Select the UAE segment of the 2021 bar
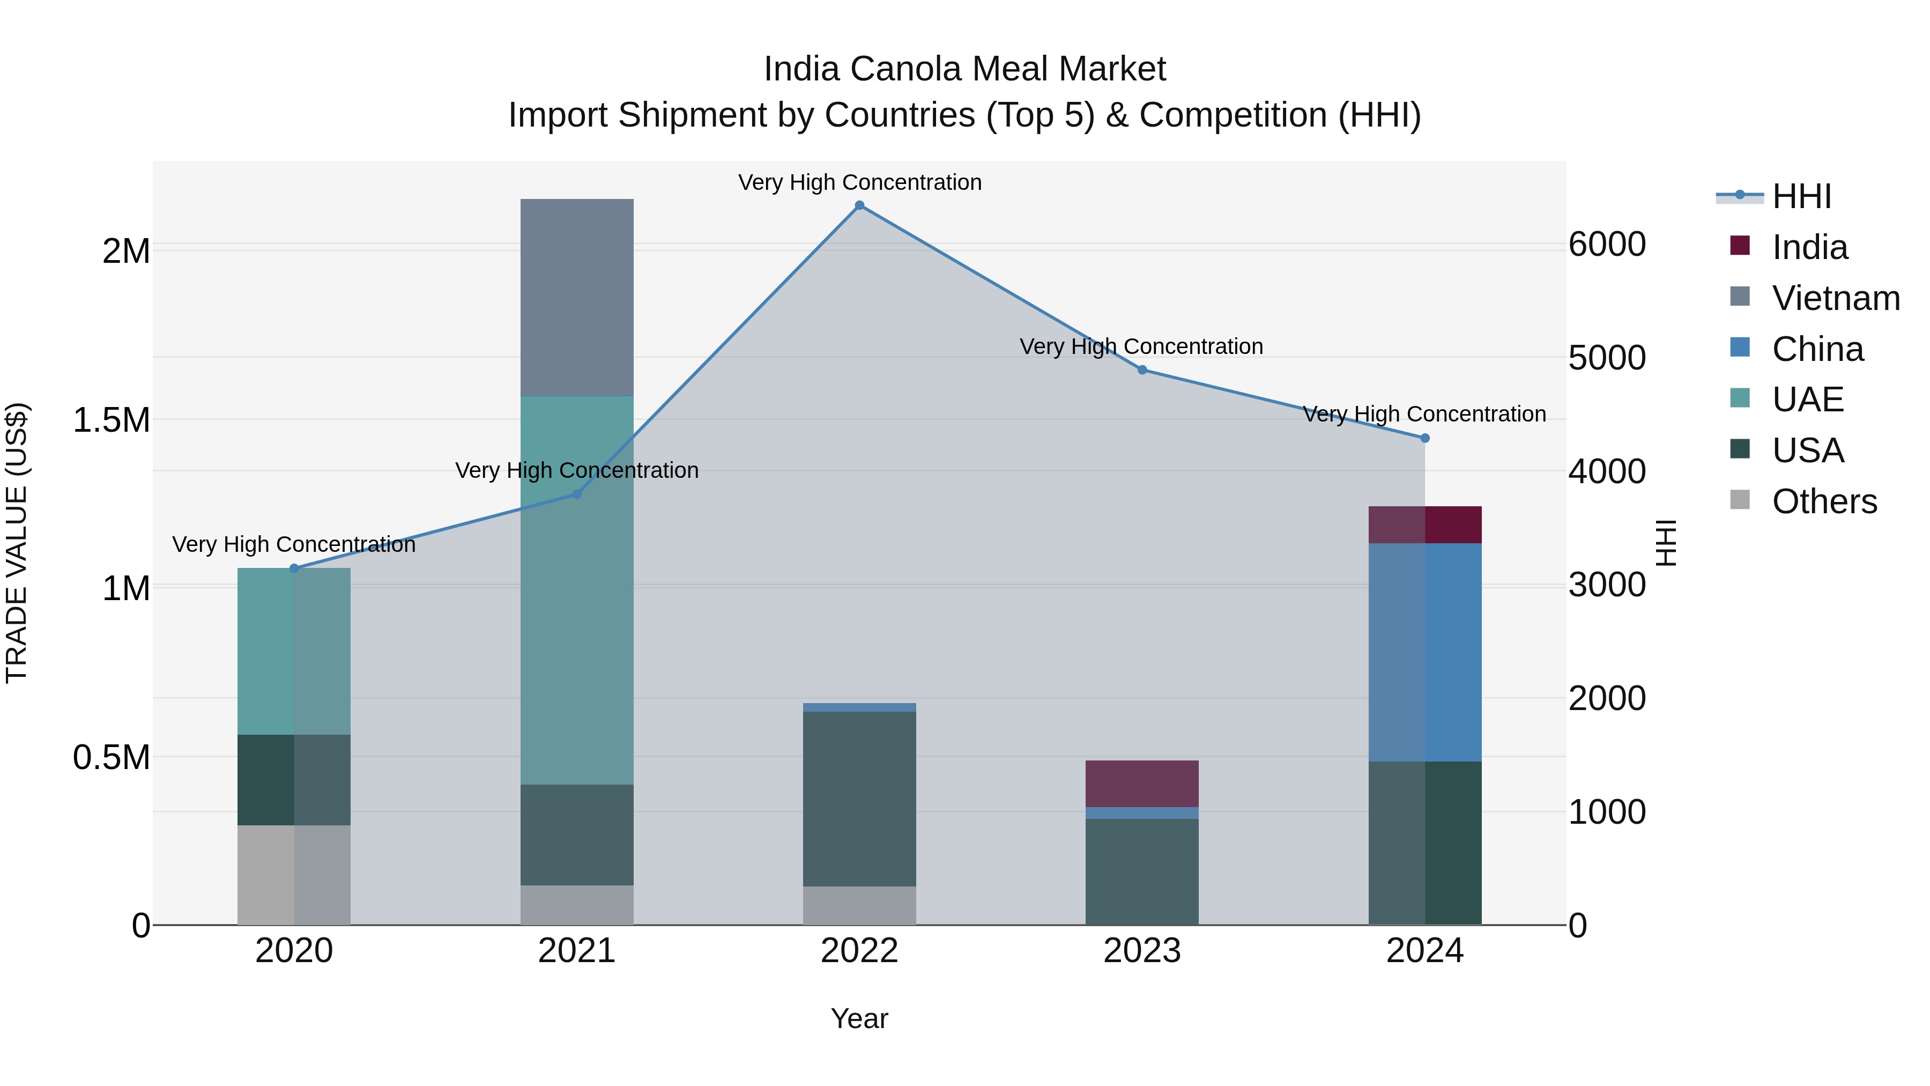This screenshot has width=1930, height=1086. tap(577, 590)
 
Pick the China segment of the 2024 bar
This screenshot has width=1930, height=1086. tap(1424, 652)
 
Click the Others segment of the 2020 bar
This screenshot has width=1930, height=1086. tap(294, 875)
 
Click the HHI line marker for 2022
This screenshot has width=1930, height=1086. tap(859, 205)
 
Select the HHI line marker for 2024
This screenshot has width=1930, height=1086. tap(1424, 438)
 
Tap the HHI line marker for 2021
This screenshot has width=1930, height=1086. tap(577, 494)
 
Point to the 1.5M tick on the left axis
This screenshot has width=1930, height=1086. tap(111, 420)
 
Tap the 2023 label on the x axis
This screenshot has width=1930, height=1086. tap(1142, 950)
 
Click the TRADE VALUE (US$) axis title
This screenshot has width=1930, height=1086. tap(17, 543)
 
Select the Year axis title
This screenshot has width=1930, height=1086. tap(859, 1018)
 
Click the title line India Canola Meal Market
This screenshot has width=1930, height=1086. tap(964, 69)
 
